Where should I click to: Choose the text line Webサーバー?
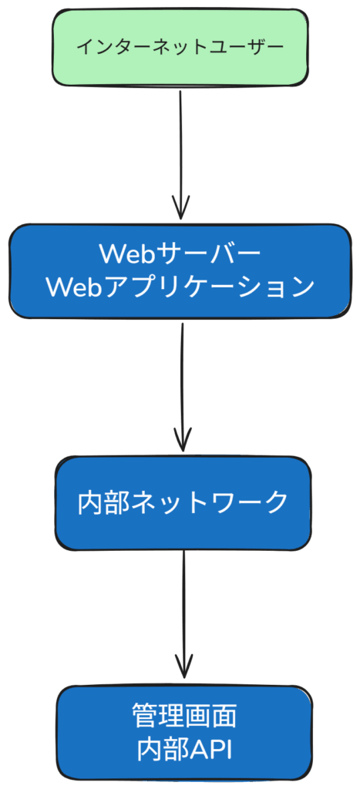180,253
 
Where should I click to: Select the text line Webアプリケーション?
180,287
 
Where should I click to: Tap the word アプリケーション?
208,287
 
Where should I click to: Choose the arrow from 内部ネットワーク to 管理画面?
183,609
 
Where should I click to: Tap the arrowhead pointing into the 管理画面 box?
183,667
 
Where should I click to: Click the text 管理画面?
184,715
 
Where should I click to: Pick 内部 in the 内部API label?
156,748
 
